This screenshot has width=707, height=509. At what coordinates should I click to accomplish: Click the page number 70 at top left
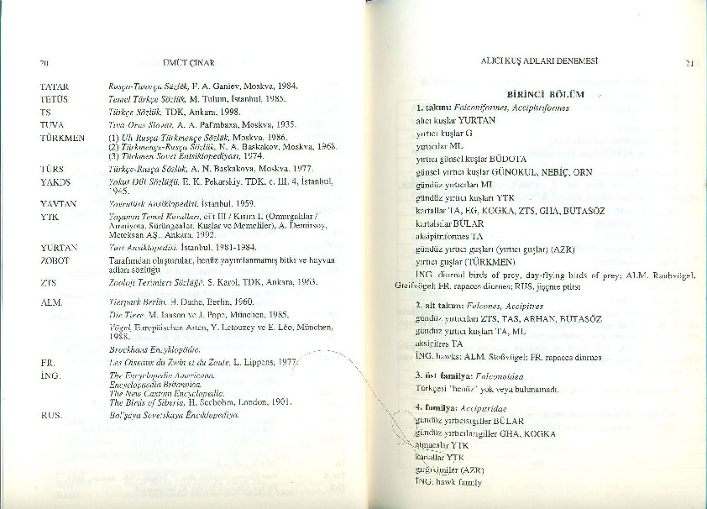click(43, 63)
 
